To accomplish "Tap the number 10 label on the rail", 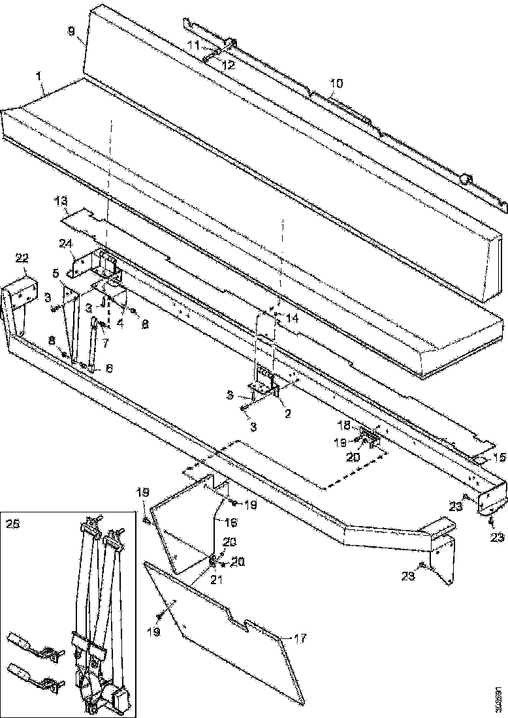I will coord(336,84).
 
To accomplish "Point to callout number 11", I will coord(194,44).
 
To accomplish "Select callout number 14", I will coord(292,319).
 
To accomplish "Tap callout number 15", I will coord(499,458).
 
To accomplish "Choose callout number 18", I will coord(343,425).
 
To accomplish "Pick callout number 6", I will coord(109,369).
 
